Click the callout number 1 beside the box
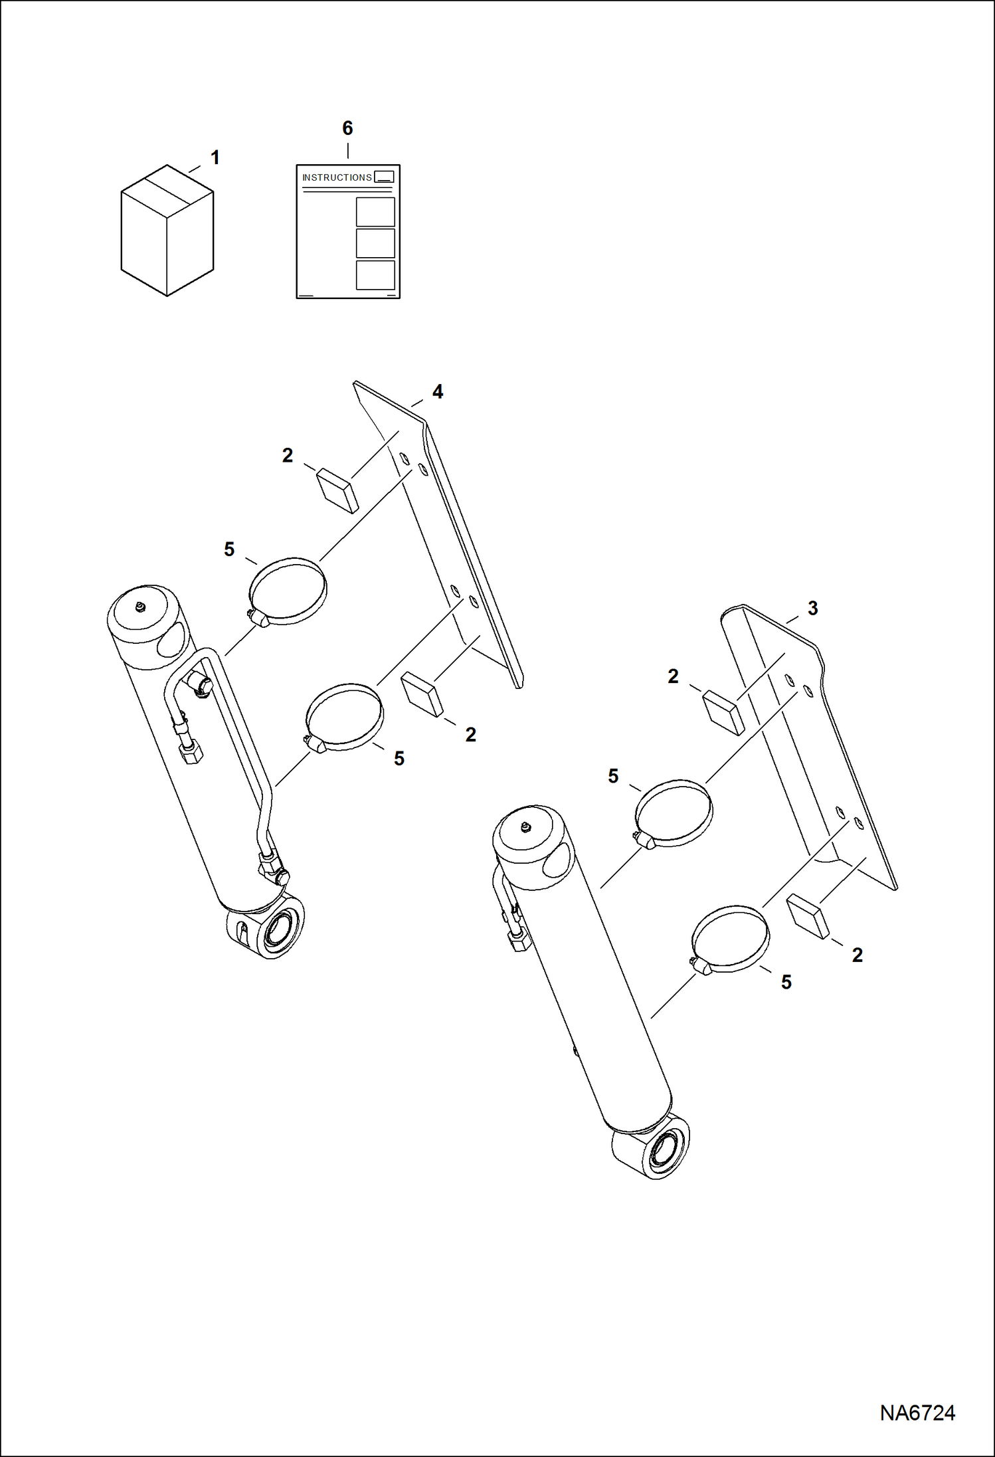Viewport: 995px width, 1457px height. point(215,158)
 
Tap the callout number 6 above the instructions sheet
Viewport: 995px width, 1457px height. point(347,128)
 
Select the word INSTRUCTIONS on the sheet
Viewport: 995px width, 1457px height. point(337,177)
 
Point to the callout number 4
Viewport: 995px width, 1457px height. point(438,392)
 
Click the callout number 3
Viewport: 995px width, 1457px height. point(812,608)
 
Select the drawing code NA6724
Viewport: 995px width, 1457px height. point(917,1412)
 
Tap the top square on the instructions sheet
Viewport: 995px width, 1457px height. point(375,212)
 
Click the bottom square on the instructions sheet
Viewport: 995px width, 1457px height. point(375,275)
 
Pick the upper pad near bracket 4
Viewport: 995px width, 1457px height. point(337,490)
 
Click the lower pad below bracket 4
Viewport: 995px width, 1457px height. point(422,694)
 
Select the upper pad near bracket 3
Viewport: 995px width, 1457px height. point(723,712)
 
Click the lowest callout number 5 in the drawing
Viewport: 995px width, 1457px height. point(786,982)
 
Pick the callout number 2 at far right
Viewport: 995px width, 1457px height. point(858,955)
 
